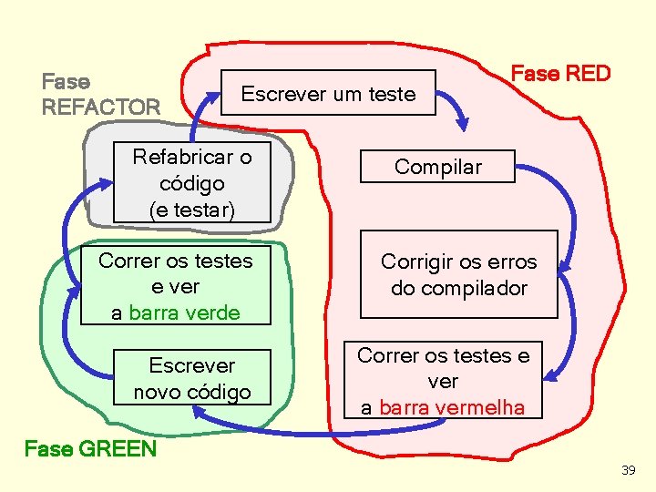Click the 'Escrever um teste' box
[x=328, y=93]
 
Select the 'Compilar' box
[x=437, y=167]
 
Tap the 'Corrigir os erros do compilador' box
[x=458, y=274]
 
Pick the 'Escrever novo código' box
[x=192, y=378]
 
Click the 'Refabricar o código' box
[x=192, y=182]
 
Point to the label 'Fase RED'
[x=560, y=73]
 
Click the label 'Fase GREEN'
[x=90, y=448]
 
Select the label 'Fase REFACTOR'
[x=100, y=94]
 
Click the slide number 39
[x=628, y=470]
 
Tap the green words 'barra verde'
[x=184, y=313]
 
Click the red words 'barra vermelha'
[x=452, y=407]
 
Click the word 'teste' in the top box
[x=389, y=94]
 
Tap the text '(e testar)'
[x=192, y=210]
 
